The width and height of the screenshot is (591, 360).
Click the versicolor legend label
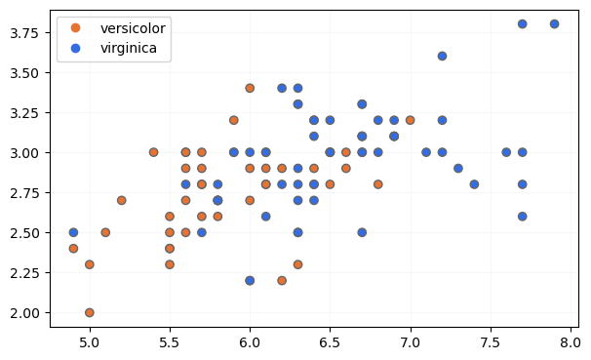click(133, 27)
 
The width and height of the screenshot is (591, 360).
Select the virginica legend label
click(128, 47)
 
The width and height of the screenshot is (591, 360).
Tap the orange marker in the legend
click(76, 27)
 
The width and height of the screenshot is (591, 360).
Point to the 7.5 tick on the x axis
click(491, 329)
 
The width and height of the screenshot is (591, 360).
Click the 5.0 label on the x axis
click(90, 343)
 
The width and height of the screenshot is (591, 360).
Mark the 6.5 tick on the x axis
click(330, 329)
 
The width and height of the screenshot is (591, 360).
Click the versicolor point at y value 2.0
click(90, 312)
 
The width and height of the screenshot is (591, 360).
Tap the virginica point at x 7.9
click(554, 23)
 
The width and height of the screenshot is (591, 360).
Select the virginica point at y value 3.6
click(442, 56)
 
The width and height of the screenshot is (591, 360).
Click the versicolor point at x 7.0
click(410, 120)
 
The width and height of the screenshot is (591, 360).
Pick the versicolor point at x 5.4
click(153, 152)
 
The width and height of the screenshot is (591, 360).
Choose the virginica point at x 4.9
click(73, 232)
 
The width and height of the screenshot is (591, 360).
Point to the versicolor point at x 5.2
click(121, 200)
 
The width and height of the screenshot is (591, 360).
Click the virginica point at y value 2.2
click(250, 280)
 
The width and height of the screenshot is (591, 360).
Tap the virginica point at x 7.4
click(474, 183)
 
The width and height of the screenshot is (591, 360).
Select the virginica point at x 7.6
click(506, 152)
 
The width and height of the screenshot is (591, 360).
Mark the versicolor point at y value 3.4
click(250, 88)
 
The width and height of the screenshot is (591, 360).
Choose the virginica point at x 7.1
click(426, 152)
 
